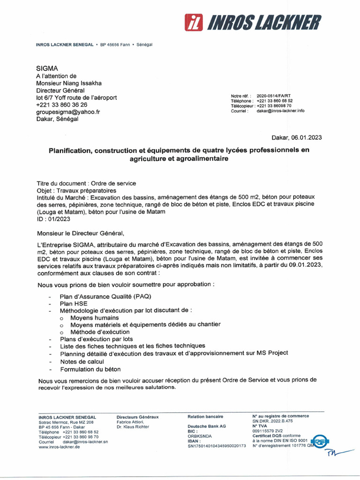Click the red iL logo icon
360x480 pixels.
pyautogui.click(x=193, y=22)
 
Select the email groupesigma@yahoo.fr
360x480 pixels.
pyautogui.click(x=68, y=112)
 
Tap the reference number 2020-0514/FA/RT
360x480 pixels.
pyautogui.click(x=274, y=96)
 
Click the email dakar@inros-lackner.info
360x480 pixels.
pyautogui.click(x=280, y=111)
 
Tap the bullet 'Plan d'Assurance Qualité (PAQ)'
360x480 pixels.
pyautogui.click(x=105, y=297)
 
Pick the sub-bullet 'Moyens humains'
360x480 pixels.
pyautogui.click(x=94, y=318)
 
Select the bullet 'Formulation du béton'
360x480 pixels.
pyautogui.click(x=90, y=369)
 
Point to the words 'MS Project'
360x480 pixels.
pyautogui.click(x=270, y=353)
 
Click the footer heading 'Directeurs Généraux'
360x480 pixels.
pyautogui.click(x=137, y=417)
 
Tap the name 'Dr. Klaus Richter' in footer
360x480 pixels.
pyautogui.click(x=134, y=427)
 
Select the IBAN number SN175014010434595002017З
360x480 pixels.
pyautogui.click(x=217, y=446)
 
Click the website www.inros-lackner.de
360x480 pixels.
pyautogui.click(x=59, y=447)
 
